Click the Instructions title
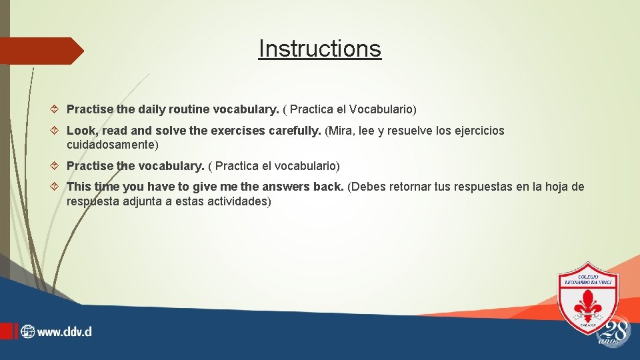[320, 49]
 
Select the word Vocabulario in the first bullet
[383, 109]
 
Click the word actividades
[236, 201]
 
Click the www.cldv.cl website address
[64, 331]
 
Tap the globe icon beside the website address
[27, 331]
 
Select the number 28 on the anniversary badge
[615, 329]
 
